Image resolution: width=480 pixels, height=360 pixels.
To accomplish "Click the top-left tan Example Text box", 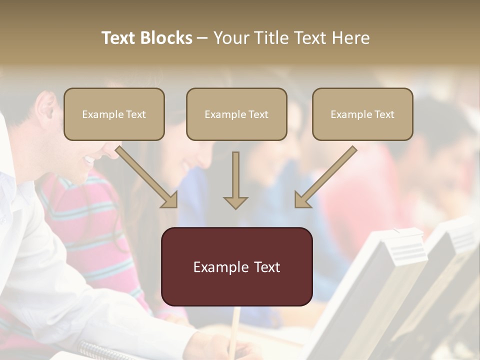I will tap(114, 114).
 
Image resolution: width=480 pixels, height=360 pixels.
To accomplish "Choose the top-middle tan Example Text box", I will tap(236, 114).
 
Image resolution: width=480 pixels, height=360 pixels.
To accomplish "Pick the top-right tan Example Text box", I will tap(362, 114).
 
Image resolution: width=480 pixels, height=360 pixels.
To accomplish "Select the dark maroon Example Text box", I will tap(236, 267).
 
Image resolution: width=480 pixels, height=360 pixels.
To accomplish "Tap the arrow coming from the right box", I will tap(325, 177).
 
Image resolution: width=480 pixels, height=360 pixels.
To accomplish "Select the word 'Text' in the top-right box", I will tap(384, 114).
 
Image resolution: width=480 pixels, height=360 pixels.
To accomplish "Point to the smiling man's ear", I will tap(46, 108).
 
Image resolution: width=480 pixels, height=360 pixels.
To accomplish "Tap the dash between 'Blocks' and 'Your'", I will tap(202, 38).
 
